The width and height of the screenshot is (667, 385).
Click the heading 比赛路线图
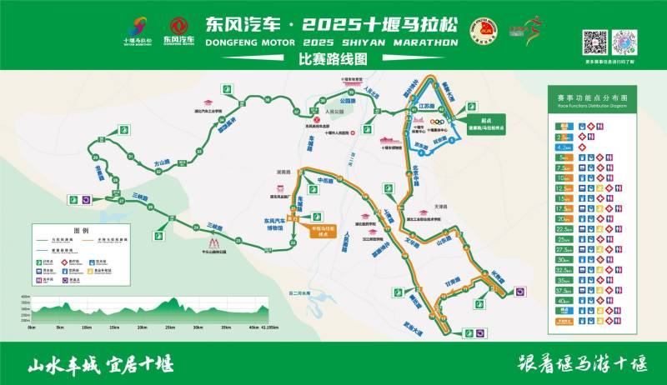333,58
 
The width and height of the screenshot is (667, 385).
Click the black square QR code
594,42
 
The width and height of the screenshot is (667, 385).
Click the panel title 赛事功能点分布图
591,98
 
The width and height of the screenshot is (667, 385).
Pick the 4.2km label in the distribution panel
564,146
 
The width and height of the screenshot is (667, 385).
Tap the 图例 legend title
81,229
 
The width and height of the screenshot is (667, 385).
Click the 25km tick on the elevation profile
170,327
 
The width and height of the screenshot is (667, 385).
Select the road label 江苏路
428,107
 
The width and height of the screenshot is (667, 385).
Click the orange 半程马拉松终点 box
322,230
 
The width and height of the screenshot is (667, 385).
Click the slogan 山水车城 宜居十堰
100,364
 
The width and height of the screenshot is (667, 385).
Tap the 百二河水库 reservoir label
298,293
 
